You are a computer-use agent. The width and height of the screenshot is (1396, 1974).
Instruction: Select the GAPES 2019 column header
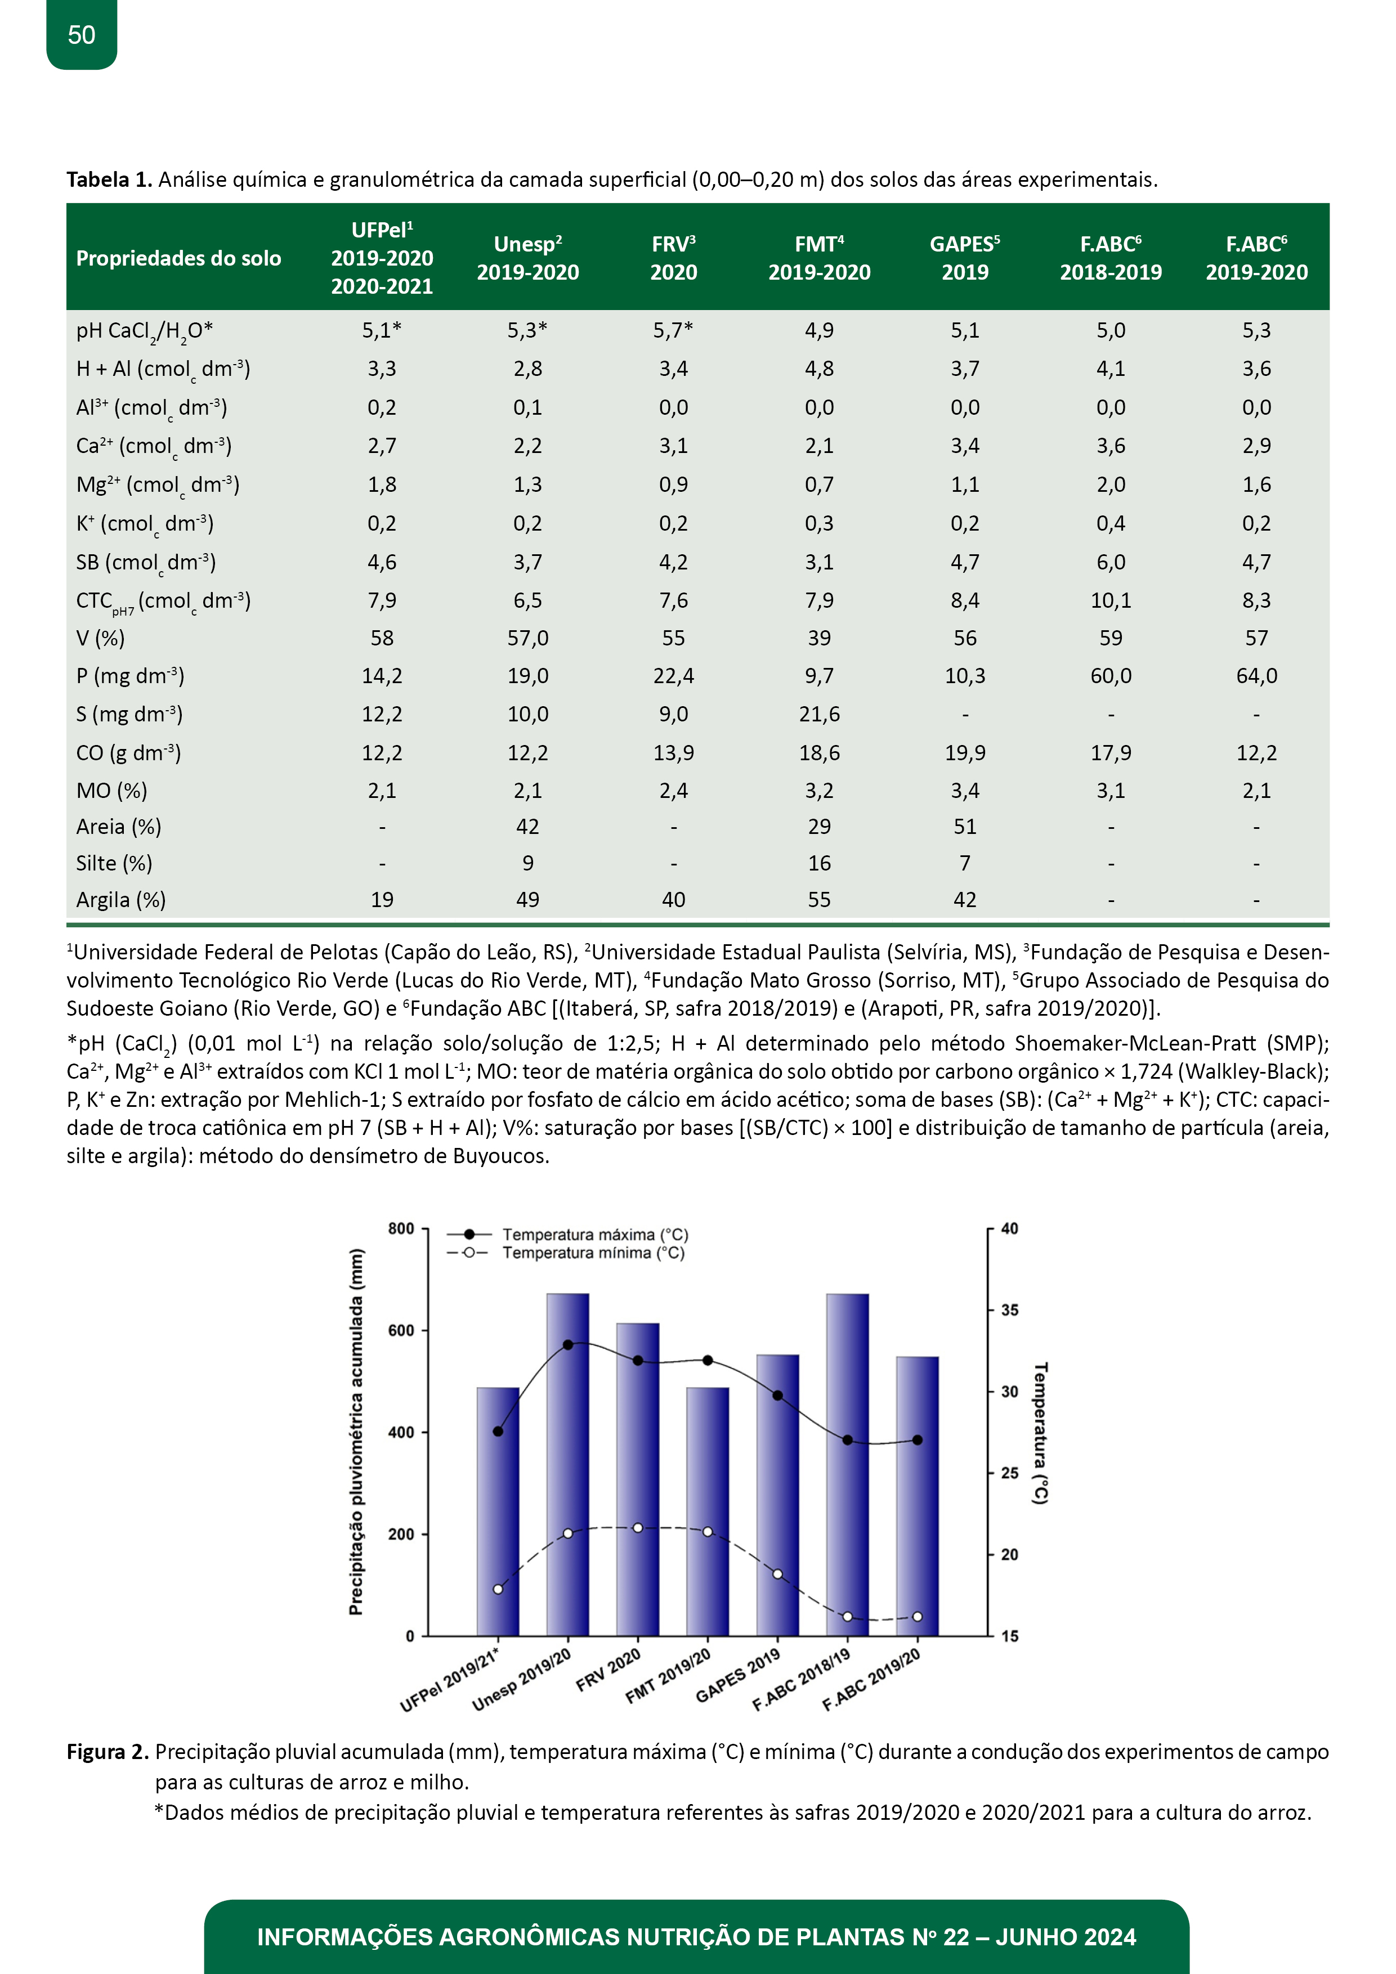(x=964, y=258)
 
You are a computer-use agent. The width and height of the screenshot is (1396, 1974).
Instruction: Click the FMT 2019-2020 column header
(x=819, y=258)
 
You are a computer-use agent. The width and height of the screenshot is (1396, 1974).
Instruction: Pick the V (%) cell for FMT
(x=819, y=638)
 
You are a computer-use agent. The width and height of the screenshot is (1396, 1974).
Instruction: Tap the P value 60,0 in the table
(x=1111, y=676)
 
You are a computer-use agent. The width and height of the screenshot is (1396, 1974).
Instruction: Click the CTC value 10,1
(x=1111, y=600)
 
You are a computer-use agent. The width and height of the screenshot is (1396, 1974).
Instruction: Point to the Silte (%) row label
(x=114, y=863)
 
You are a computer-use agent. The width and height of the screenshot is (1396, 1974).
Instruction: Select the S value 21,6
(x=819, y=714)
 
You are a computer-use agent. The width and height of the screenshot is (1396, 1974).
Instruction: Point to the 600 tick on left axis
(x=401, y=1330)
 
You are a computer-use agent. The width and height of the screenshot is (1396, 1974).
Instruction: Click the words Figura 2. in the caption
(x=109, y=1752)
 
